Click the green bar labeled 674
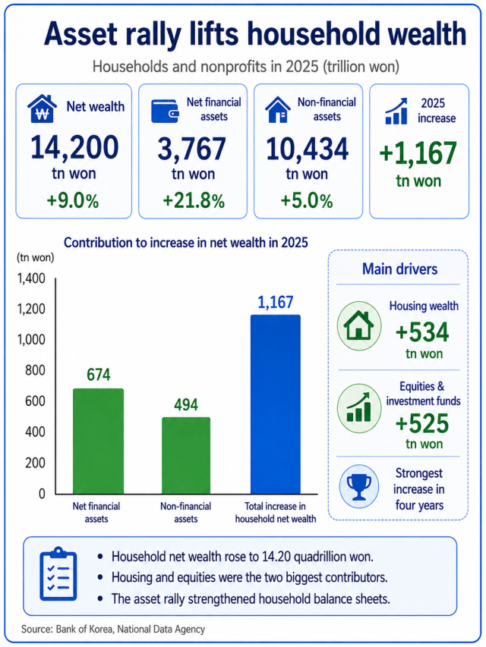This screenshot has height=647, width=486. pos(99,441)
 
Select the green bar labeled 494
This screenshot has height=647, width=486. pos(186,456)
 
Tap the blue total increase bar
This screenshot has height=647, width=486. pos(276,404)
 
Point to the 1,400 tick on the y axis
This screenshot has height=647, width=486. pos(31,279)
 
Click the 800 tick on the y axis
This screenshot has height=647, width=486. pos(35,370)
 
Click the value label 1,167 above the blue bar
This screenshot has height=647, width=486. pos(276,303)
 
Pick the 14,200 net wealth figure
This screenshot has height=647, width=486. pos(74,148)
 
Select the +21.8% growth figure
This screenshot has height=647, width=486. pos(194,201)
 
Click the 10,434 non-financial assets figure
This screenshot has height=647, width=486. pos(308,149)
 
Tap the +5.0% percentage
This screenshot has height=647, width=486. pos(307,201)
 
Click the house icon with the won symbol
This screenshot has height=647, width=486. pos(43,109)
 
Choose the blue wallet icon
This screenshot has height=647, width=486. pos(165,111)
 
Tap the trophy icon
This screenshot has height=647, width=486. pos(358,487)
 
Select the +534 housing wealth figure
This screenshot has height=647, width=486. pos(422,332)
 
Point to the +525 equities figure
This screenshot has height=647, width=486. pos(422,423)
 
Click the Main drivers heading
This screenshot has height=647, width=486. pos(399,269)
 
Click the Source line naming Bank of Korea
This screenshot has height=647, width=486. pos(113,630)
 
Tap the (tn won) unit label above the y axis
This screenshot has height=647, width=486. pos(36,257)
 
